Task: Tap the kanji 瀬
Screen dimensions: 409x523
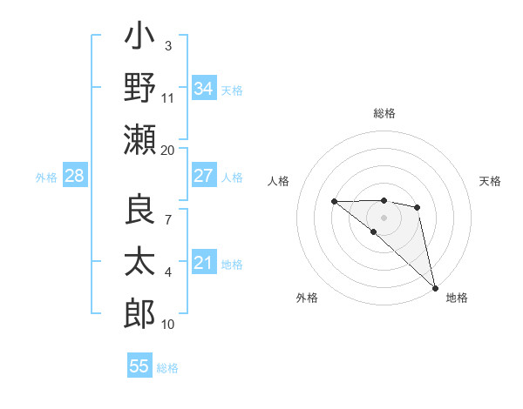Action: pos(139,140)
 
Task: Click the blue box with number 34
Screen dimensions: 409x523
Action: pos(203,89)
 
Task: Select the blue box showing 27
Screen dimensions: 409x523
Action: pos(203,176)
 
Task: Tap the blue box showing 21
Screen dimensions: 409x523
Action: pos(203,263)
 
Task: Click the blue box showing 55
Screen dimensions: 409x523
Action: pos(139,366)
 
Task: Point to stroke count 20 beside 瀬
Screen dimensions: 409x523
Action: pos(167,150)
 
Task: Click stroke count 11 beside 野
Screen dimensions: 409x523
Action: pos(167,97)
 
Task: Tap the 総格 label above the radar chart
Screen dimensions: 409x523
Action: pos(384,113)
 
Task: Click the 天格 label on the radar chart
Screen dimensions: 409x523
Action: pos(491,181)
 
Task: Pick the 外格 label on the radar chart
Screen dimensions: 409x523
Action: pos(307,298)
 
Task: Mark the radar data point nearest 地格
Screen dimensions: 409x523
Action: pos(435,287)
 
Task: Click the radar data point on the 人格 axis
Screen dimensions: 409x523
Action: pos(335,202)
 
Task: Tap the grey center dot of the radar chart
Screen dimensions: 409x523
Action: pos(384,216)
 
